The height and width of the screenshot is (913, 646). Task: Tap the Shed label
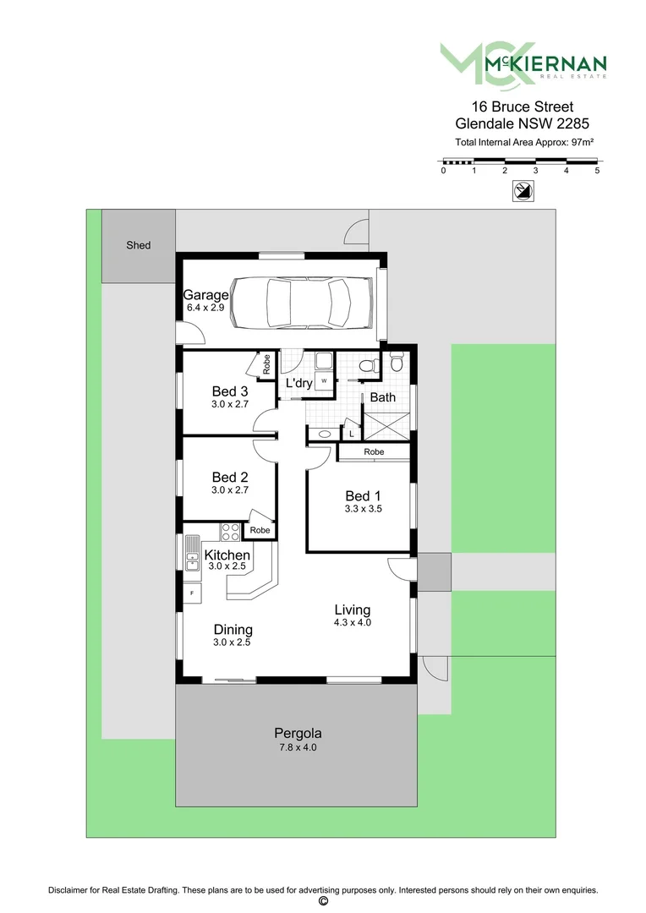139,245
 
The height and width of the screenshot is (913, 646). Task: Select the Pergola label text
298,733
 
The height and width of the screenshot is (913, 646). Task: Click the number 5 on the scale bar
597,171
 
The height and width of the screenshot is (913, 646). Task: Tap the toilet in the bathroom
368,366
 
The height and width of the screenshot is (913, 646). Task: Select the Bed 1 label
364,495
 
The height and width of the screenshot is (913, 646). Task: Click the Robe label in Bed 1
374,452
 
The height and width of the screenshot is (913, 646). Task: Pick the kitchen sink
192,553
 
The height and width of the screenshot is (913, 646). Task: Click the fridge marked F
192,593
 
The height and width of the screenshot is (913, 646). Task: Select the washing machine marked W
324,381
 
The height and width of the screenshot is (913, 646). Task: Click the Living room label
352,610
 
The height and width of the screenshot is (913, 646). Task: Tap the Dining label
233,630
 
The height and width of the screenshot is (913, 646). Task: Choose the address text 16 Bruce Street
522,107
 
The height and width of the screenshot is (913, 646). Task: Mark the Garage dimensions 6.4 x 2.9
205,309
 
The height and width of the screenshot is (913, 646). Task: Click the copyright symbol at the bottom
322,902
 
